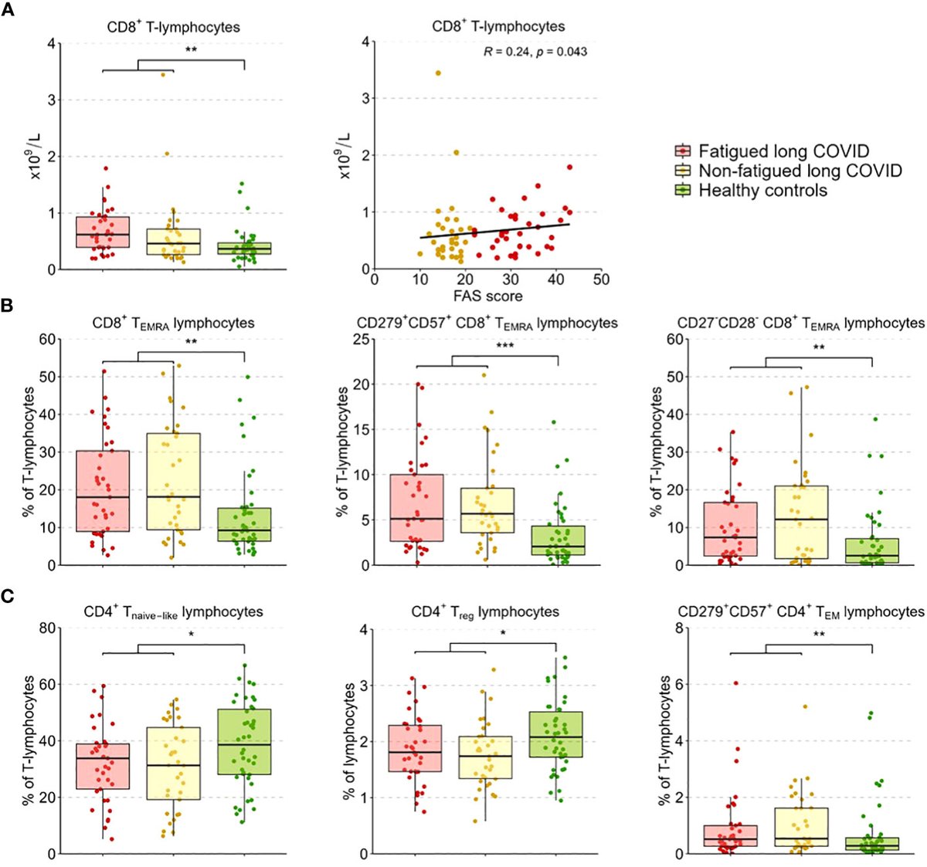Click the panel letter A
pos(7,14)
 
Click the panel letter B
pos(7,306)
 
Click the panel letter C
pos(7,595)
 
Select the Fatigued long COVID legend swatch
pos(683,151)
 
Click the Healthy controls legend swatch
pos(683,191)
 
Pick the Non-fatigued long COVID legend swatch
pos(683,171)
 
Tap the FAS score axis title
pos(487,296)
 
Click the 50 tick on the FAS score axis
pos(600,279)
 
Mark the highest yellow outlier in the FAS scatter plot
pos(438,73)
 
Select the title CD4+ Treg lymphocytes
pos(485,612)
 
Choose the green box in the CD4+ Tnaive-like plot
pos(244,741)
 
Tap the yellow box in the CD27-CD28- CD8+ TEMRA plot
pos(801,521)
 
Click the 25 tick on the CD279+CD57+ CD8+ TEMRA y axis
pos(358,340)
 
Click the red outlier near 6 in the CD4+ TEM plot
pos(735,683)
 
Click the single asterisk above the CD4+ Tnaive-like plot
pos(191,635)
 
